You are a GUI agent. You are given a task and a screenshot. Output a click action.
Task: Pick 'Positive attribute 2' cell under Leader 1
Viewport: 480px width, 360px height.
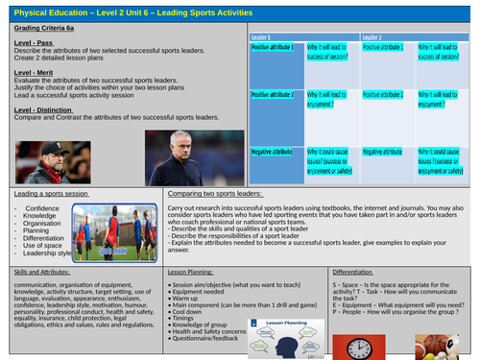(273, 97)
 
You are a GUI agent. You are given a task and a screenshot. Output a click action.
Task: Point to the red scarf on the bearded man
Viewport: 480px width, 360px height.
(72, 173)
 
